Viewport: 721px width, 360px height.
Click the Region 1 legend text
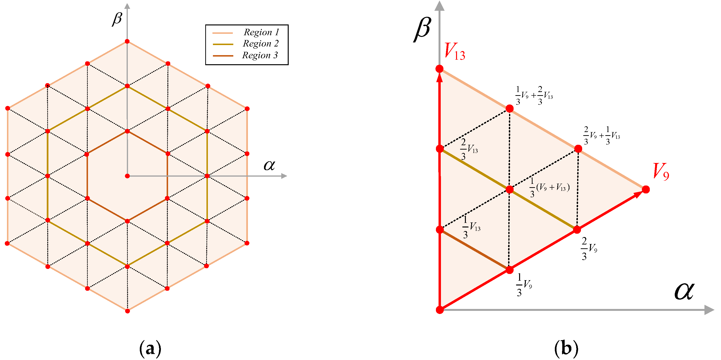click(261, 32)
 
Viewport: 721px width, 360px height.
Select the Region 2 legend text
click(261, 44)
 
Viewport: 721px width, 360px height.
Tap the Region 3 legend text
click(260, 55)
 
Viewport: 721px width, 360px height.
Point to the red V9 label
click(661, 171)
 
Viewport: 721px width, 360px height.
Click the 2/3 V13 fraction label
click(469, 149)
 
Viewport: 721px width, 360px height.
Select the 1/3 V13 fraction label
click(471, 227)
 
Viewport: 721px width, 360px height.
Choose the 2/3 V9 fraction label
click(589, 248)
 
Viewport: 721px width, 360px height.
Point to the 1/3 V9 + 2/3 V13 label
click(534, 96)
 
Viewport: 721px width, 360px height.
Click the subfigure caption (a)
click(150, 348)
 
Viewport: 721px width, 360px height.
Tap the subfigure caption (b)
click(566, 348)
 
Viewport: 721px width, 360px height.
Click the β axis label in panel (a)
click(117, 18)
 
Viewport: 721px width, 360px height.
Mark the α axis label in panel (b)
click(684, 291)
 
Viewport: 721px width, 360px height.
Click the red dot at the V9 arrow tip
click(646, 189)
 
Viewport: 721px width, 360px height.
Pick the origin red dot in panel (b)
click(440, 310)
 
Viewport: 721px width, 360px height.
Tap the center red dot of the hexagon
click(127, 176)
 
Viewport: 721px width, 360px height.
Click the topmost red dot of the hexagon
click(127, 41)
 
